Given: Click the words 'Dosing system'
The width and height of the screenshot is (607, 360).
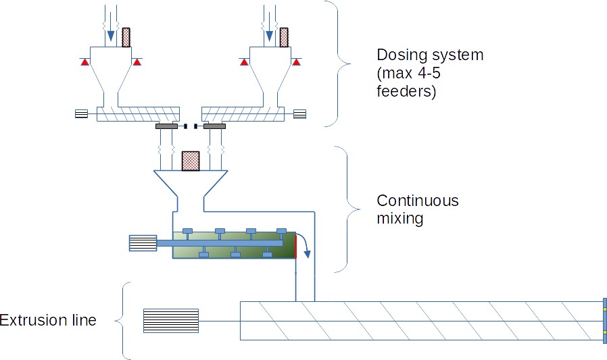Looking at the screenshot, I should (x=430, y=55).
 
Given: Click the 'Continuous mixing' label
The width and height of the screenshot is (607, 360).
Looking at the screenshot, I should (x=417, y=209).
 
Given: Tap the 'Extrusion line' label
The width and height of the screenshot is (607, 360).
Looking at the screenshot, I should (x=48, y=319).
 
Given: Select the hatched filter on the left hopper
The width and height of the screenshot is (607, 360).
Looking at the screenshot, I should (x=125, y=37).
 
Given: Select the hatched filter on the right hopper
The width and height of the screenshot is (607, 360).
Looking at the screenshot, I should (x=284, y=37).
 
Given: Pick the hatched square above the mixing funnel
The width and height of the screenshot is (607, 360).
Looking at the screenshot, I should (x=191, y=161).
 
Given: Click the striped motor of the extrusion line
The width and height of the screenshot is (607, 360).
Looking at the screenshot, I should (x=171, y=321).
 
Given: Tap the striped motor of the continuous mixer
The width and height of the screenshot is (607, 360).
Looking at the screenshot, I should (x=143, y=243).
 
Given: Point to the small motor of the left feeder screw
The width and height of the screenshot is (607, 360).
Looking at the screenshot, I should (x=81, y=113).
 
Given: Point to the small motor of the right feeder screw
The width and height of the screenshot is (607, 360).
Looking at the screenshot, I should (x=299, y=113).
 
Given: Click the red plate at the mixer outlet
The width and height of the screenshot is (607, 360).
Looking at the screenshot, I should (x=295, y=245).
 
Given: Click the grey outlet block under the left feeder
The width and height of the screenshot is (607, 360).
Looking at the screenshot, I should (x=166, y=126).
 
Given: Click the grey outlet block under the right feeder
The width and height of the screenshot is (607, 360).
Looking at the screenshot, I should (x=214, y=126).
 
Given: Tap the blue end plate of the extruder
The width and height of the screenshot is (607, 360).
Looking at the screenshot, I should (x=604, y=321).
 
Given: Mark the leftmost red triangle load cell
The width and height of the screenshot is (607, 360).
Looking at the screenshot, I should (x=84, y=62).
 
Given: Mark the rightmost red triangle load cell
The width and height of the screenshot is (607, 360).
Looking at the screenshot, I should (x=295, y=62).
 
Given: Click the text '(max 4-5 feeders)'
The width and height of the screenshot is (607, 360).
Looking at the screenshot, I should (x=412, y=82).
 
